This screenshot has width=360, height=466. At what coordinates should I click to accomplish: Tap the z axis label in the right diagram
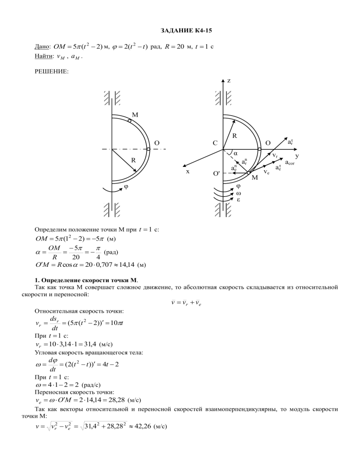click(x=229, y=81)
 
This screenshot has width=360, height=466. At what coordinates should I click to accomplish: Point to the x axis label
click(x=187, y=172)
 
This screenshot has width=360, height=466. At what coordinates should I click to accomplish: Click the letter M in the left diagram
click(x=135, y=115)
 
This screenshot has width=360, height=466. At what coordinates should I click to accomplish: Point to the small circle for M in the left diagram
click(x=129, y=120)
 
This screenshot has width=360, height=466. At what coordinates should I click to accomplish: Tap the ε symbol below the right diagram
click(x=238, y=200)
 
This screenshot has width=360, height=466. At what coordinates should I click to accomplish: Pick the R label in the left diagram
click(x=133, y=160)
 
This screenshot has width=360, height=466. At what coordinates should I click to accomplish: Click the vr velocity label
click(x=275, y=155)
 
